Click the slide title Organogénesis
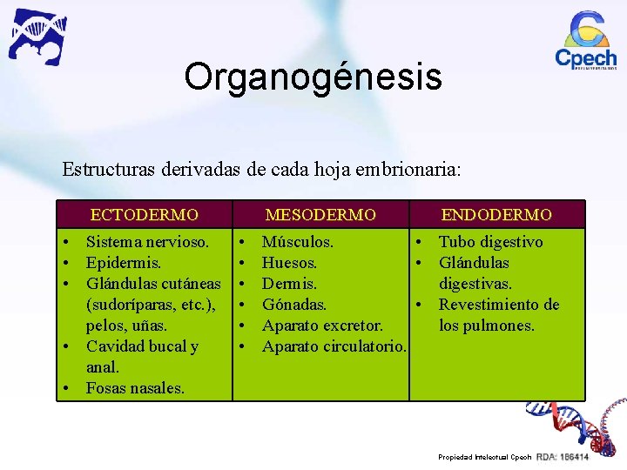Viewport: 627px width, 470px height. point(313,77)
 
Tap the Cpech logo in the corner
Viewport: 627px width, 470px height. point(586,41)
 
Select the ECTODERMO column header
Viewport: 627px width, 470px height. point(145,214)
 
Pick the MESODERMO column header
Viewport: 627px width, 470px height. point(320,214)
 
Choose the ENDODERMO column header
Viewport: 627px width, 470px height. point(496,214)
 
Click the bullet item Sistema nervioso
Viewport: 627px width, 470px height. point(147,242)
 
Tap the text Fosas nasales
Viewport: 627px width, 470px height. point(135,388)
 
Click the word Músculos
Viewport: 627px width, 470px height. point(297,242)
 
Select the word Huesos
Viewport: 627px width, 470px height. point(289,263)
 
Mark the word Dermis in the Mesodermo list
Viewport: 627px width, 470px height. point(289,284)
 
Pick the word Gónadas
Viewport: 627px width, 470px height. point(294,305)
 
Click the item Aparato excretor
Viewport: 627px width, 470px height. point(322,326)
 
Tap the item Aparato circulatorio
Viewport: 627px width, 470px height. point(334,346)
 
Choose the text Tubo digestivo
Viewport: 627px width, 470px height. point(490,242)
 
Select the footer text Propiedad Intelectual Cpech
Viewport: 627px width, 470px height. point(484,457)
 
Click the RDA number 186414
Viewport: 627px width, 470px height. point(574,457)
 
